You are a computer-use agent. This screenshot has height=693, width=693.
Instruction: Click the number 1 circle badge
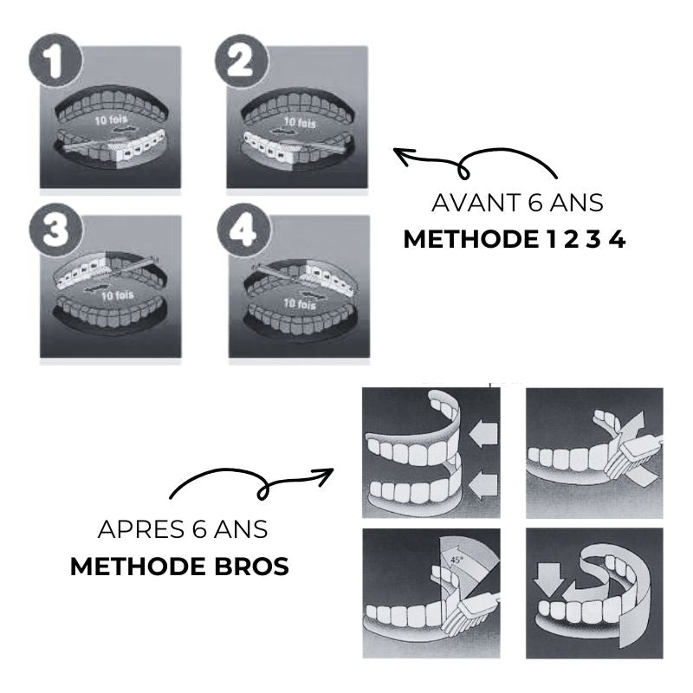(55, 60)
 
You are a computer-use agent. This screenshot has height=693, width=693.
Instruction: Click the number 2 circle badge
(243, 60)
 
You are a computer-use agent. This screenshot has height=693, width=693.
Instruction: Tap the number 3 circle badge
(55, 230)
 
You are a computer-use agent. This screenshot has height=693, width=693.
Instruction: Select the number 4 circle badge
(244, 230)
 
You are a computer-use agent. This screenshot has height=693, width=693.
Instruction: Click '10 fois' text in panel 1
(111, 120)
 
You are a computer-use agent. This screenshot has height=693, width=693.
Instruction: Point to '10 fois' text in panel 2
(300, 122)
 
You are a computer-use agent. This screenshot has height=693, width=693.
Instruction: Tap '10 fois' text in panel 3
(117, 295)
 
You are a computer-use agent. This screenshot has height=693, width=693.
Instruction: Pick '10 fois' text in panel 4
(300, 304)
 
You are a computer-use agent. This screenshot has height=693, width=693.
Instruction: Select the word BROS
(251, 567)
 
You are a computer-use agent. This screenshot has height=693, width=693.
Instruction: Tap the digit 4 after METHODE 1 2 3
(617, 240)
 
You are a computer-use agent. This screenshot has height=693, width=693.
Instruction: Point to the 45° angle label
(457, 560)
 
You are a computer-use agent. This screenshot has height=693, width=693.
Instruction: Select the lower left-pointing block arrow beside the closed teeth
(483, 487)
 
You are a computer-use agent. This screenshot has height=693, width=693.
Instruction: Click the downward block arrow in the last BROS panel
(549, 579)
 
